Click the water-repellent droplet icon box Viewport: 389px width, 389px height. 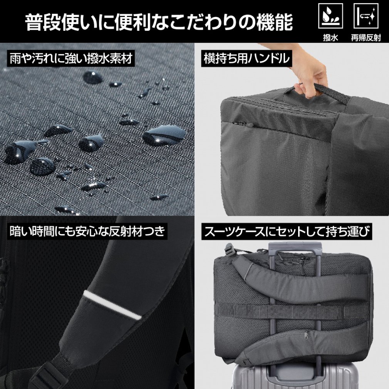tap(330, 16)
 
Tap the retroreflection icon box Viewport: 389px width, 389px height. tap(366, 16)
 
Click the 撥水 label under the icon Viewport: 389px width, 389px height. tap(330, 38)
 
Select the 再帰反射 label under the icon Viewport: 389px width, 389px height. tap(366, 38)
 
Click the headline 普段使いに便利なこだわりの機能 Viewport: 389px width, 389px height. tap(159, 22)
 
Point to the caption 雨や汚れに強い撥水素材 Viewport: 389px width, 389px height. tap(71, 59)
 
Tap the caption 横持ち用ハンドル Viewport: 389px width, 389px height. tap(246, 59)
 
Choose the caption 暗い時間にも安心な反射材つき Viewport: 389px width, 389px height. tap(87, 231)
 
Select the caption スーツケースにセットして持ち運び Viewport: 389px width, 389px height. tap(287, 231)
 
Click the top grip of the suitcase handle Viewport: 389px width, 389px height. tap(295, 246)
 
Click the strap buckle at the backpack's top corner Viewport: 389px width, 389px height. tap(229, 249)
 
